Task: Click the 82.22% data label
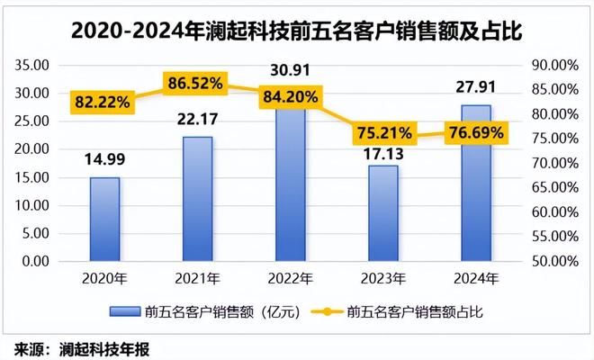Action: click(x=102, y=102)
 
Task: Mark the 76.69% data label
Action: click(x=476, y=132)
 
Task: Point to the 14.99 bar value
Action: click(x=104, y=163)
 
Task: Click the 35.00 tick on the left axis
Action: click(x=32, y=65)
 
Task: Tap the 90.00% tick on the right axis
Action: click(x=557, y=65)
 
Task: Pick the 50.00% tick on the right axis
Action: click(x=557, y=262)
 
